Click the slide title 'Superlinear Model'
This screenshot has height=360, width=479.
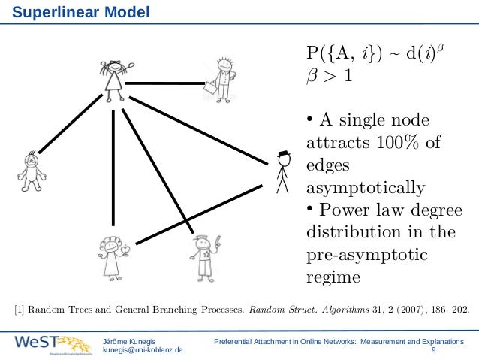pyautogui.click(x=75, y=13)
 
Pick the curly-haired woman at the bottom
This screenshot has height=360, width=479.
pyautogui.click(x=113, y=256)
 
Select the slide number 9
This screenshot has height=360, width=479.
pyautogui.click(x=434, y=350)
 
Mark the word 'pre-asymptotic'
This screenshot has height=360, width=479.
pyautogui.click(x=367, y=256)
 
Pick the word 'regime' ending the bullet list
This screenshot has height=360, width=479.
pyautogui.click(x=333, y=277)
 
